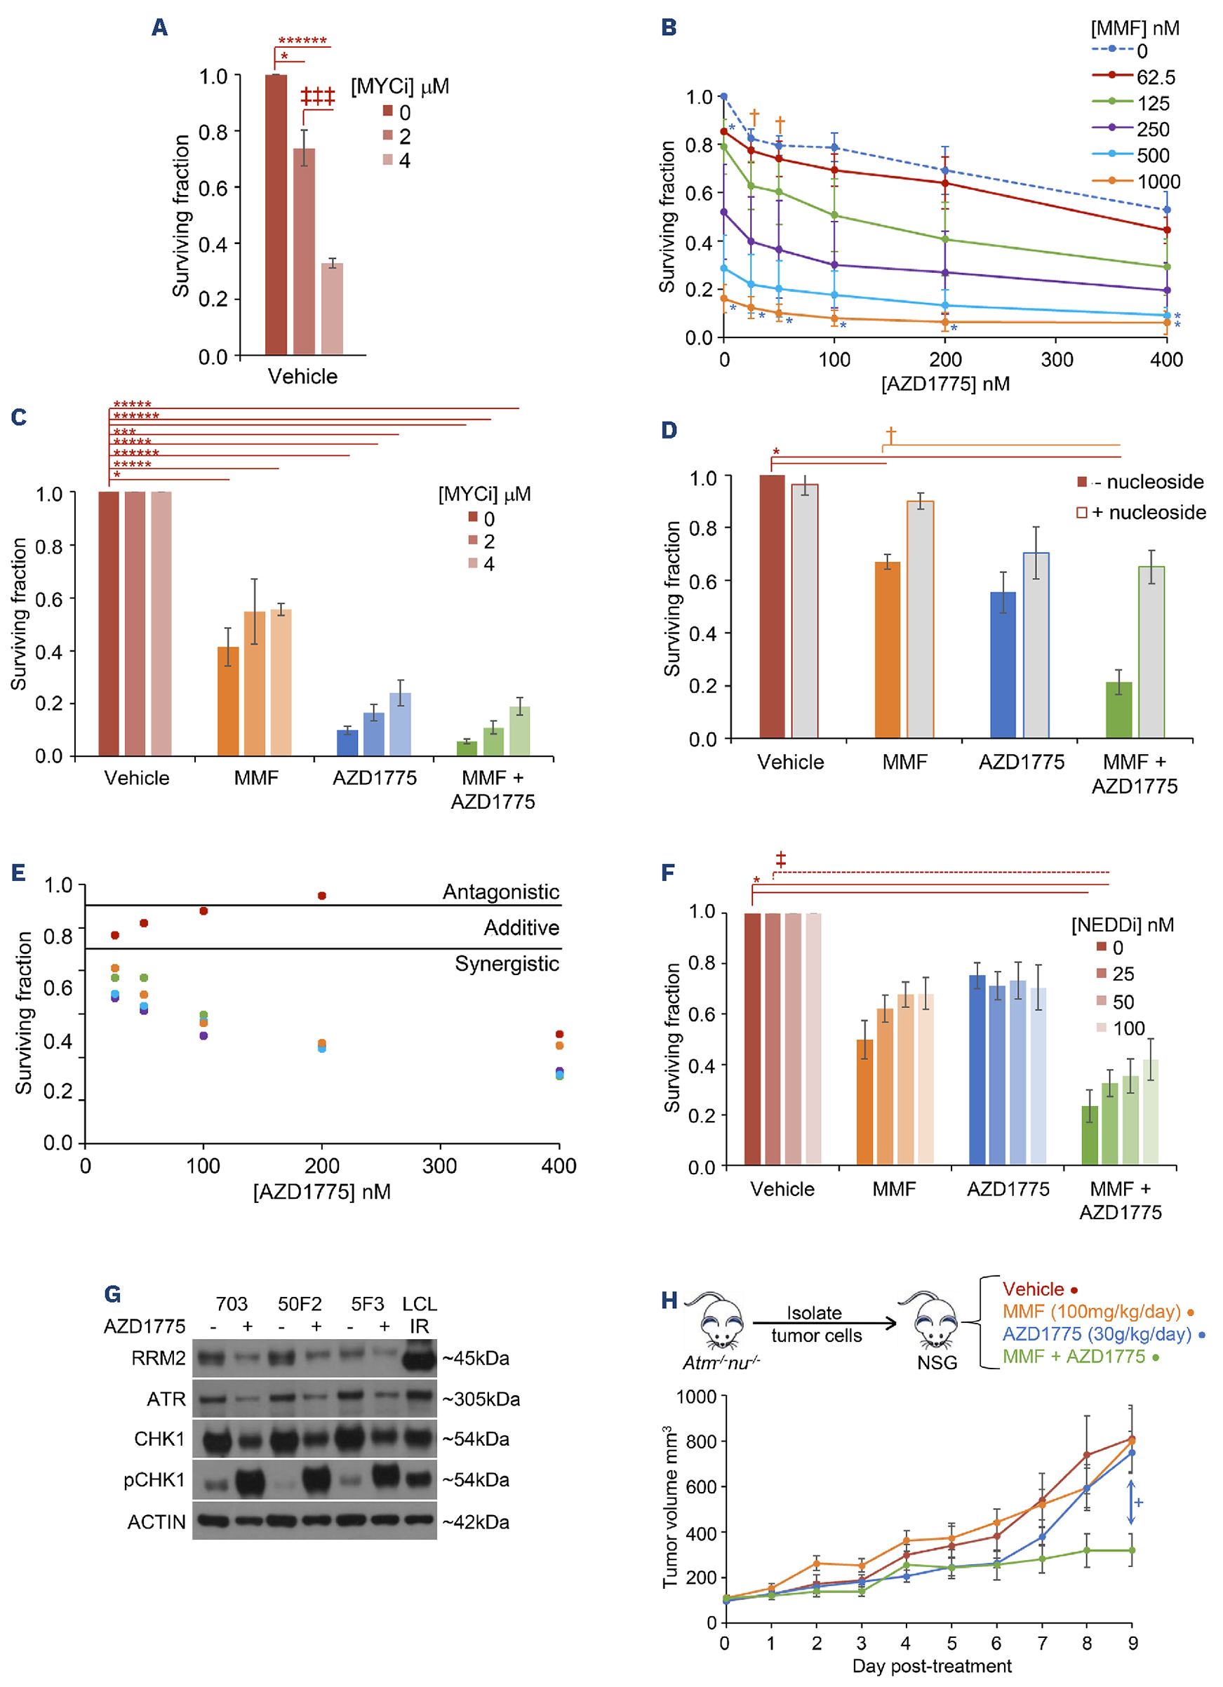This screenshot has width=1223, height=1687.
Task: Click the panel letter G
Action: [x=112, y=1294]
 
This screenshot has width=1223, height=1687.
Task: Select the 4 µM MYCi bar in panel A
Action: [x=332, y=308]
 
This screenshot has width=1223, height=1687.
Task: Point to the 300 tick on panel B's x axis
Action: [x=1057, y=360]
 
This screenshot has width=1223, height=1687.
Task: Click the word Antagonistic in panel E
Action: [x=501, y=892]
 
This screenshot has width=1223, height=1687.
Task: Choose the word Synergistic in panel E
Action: [x=507, y=964]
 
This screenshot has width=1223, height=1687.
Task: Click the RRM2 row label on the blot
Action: [x=158, y=1358]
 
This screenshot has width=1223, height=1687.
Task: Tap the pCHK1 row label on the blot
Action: [x=154, y=1480]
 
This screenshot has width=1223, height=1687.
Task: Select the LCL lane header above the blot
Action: [x=420, y=1304]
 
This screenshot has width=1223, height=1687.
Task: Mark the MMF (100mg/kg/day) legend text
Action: [x=1091, y=1311]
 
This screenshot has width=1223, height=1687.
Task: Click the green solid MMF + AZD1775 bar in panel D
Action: [x=1118, y=710]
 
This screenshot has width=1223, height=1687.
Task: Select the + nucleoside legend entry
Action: [x=1142, y=513]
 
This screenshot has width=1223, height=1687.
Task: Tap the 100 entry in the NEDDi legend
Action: [x=1128, y=1029]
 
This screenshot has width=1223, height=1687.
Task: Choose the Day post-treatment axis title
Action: [x=931, y=1666]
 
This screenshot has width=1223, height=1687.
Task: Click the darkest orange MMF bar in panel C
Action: [x=227, y=701]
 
